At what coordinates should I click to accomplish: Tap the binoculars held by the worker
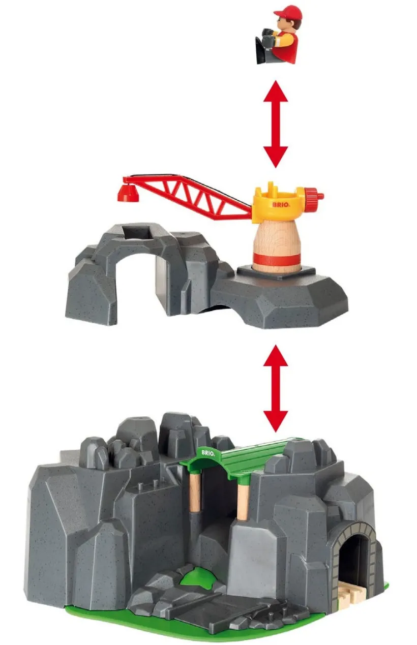(x=269, y=37)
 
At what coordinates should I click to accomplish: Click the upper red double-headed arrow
(x=276, y=124)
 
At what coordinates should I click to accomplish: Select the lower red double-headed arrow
(x=276, y=389)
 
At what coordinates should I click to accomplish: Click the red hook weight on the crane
(x=128, y=192)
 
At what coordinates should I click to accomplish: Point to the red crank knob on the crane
(x=314, y=195)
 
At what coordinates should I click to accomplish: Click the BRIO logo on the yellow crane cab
(x=281, y=205)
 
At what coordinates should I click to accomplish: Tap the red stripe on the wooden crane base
(x=276, y=260)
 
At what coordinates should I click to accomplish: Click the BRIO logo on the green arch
(x=208, y=452)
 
